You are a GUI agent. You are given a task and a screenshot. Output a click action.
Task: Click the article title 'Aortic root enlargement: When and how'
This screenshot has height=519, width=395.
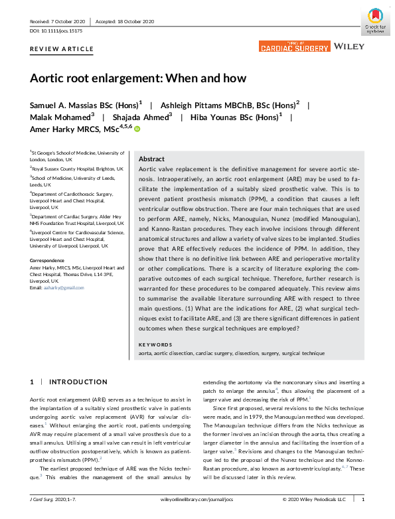(137, 78)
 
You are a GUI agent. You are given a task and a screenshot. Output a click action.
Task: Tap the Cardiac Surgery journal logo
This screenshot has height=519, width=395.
(294, 46)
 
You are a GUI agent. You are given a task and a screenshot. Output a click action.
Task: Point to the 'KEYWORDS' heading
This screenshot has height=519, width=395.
(155, 344)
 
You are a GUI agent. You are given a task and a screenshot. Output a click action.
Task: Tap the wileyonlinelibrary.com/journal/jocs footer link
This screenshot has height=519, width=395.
(197, 498)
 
